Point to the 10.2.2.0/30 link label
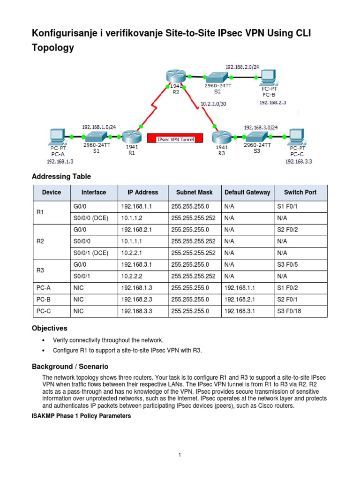click(x=213, y=104)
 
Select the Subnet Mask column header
click(x=195, y=192)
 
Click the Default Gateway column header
click(x=247, y=192)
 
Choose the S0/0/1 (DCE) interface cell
click(x=91, y=253)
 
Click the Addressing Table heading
click(x=61, y=177)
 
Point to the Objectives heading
click(x=50, y=328)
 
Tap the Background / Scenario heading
click(x=70, y=366)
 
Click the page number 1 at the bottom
click(x=180, y=455)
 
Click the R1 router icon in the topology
click(x=129, y=137)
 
